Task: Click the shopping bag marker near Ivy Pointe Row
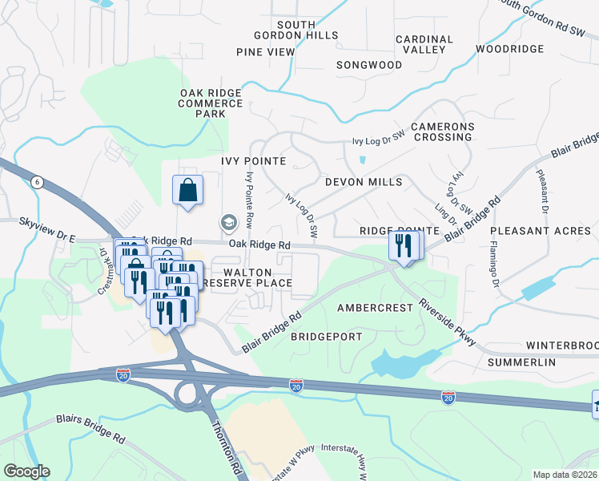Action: point(187,191)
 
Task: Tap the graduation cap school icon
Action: point(228,222)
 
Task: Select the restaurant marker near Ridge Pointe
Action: point(403,245)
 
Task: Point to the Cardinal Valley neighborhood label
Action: point(420,44)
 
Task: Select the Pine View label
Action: point(266,52)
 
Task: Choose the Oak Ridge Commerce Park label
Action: point(211,103)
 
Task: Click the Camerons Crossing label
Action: point(443,132)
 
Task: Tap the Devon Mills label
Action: point(364,182)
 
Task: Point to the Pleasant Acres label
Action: point(542,231)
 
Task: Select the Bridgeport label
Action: point(326,337)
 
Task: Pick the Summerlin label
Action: point(521,363)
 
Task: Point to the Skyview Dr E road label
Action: point(46,218)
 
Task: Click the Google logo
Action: point(26,471)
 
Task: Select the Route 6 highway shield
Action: point(37,183)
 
